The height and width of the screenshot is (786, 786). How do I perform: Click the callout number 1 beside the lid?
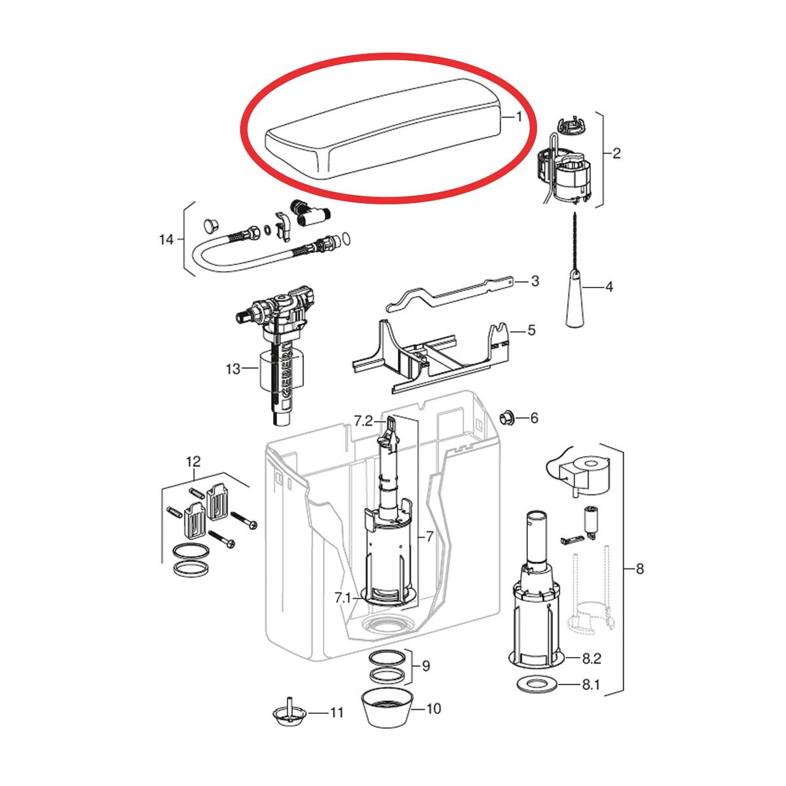(518, 117)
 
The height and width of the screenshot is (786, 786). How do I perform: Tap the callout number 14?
(166, 240)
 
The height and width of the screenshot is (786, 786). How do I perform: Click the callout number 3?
(534, 281)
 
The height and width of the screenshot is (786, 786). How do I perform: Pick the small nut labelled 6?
(506, 417)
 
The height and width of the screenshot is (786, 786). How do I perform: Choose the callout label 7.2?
(364, 421)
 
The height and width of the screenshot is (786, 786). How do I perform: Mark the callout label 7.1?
(342, 598)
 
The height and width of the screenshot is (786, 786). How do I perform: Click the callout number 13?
(233, 369)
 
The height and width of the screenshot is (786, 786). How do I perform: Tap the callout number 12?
(193, 462)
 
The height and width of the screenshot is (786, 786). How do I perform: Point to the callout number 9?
(426, 666)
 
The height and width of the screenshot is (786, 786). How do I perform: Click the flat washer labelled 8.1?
(536, 685)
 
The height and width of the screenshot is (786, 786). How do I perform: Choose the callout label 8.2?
(591, 658)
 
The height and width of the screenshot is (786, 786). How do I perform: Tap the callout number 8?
(639, 569)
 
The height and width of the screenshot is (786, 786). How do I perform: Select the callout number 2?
(616, 153)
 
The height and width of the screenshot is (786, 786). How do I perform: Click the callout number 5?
(531, 330)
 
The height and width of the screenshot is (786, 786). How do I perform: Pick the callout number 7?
(429, 536)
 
